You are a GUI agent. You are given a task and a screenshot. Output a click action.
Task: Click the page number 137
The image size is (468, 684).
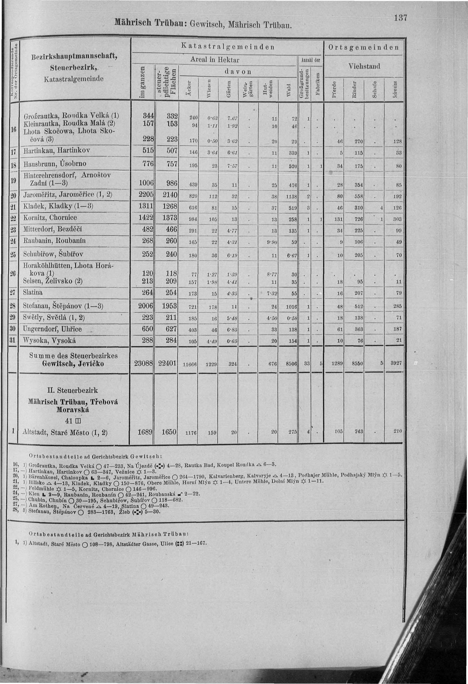401,18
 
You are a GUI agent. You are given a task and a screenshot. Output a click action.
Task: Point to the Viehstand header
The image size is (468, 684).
364,66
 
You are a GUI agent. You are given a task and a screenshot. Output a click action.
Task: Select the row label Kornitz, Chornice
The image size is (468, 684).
50,218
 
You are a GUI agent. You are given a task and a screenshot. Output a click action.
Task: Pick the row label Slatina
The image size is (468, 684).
33,293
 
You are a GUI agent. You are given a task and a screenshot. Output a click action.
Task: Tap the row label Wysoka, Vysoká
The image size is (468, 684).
50,341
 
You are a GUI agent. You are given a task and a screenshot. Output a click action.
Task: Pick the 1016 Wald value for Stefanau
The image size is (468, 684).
291,307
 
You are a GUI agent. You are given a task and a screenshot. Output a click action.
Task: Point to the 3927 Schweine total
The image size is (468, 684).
396,363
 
